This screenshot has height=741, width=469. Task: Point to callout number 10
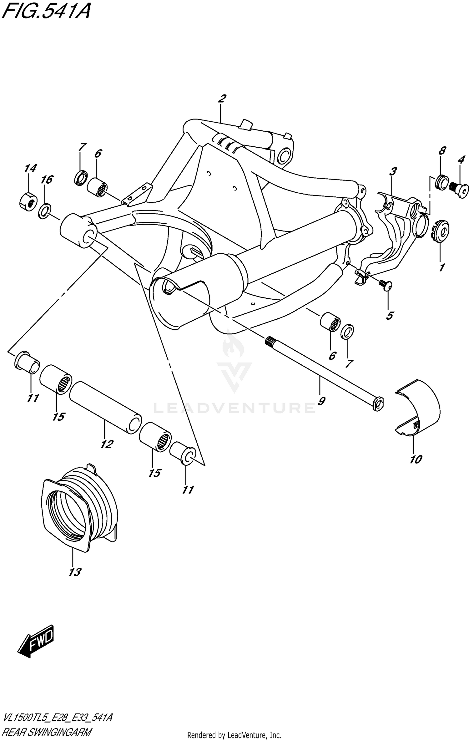pos(416,459)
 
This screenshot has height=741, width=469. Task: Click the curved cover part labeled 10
pos(418,408)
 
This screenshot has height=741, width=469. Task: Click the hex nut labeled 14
pos(28,202)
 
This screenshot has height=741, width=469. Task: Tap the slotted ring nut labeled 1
pos(441,232)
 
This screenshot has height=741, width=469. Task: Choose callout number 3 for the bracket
pos(393,171)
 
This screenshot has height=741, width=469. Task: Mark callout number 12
pos(107,444)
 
